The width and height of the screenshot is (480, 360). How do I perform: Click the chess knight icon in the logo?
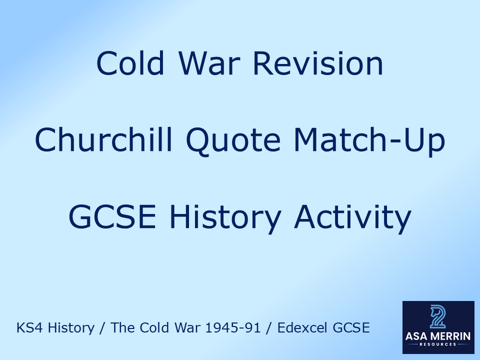(438, 317)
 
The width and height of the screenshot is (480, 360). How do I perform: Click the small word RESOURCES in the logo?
(438, 345)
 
